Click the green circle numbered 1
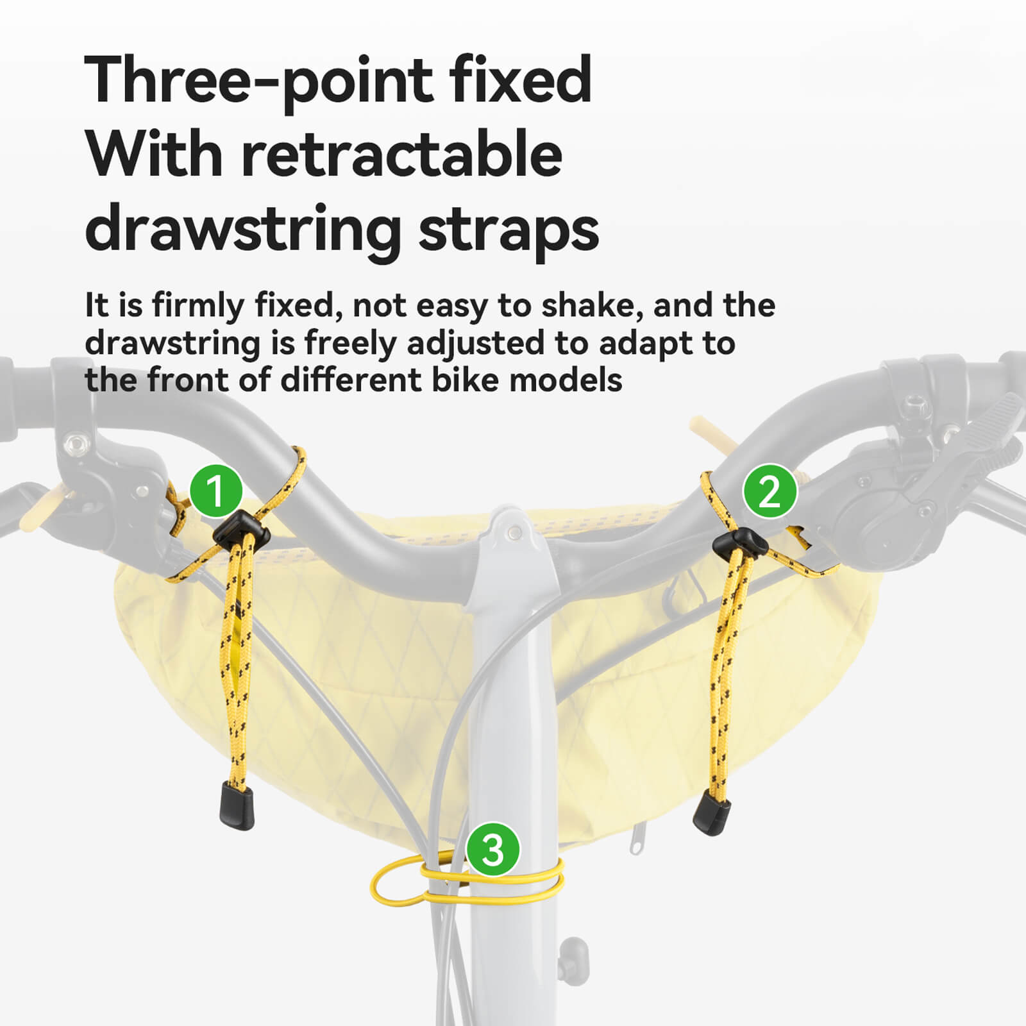(x=216, y=491)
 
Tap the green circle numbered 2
(x=769, y=491)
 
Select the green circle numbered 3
(x=492, y=850)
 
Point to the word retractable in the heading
(x=401, y=155)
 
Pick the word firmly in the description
(x=198, y=305)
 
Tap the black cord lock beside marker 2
(x=741, y=542)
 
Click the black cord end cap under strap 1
(x=237, y=804)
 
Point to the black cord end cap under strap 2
(x=711, y=812)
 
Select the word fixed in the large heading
(x=519, y=80)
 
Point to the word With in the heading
(x=154, y=155)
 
